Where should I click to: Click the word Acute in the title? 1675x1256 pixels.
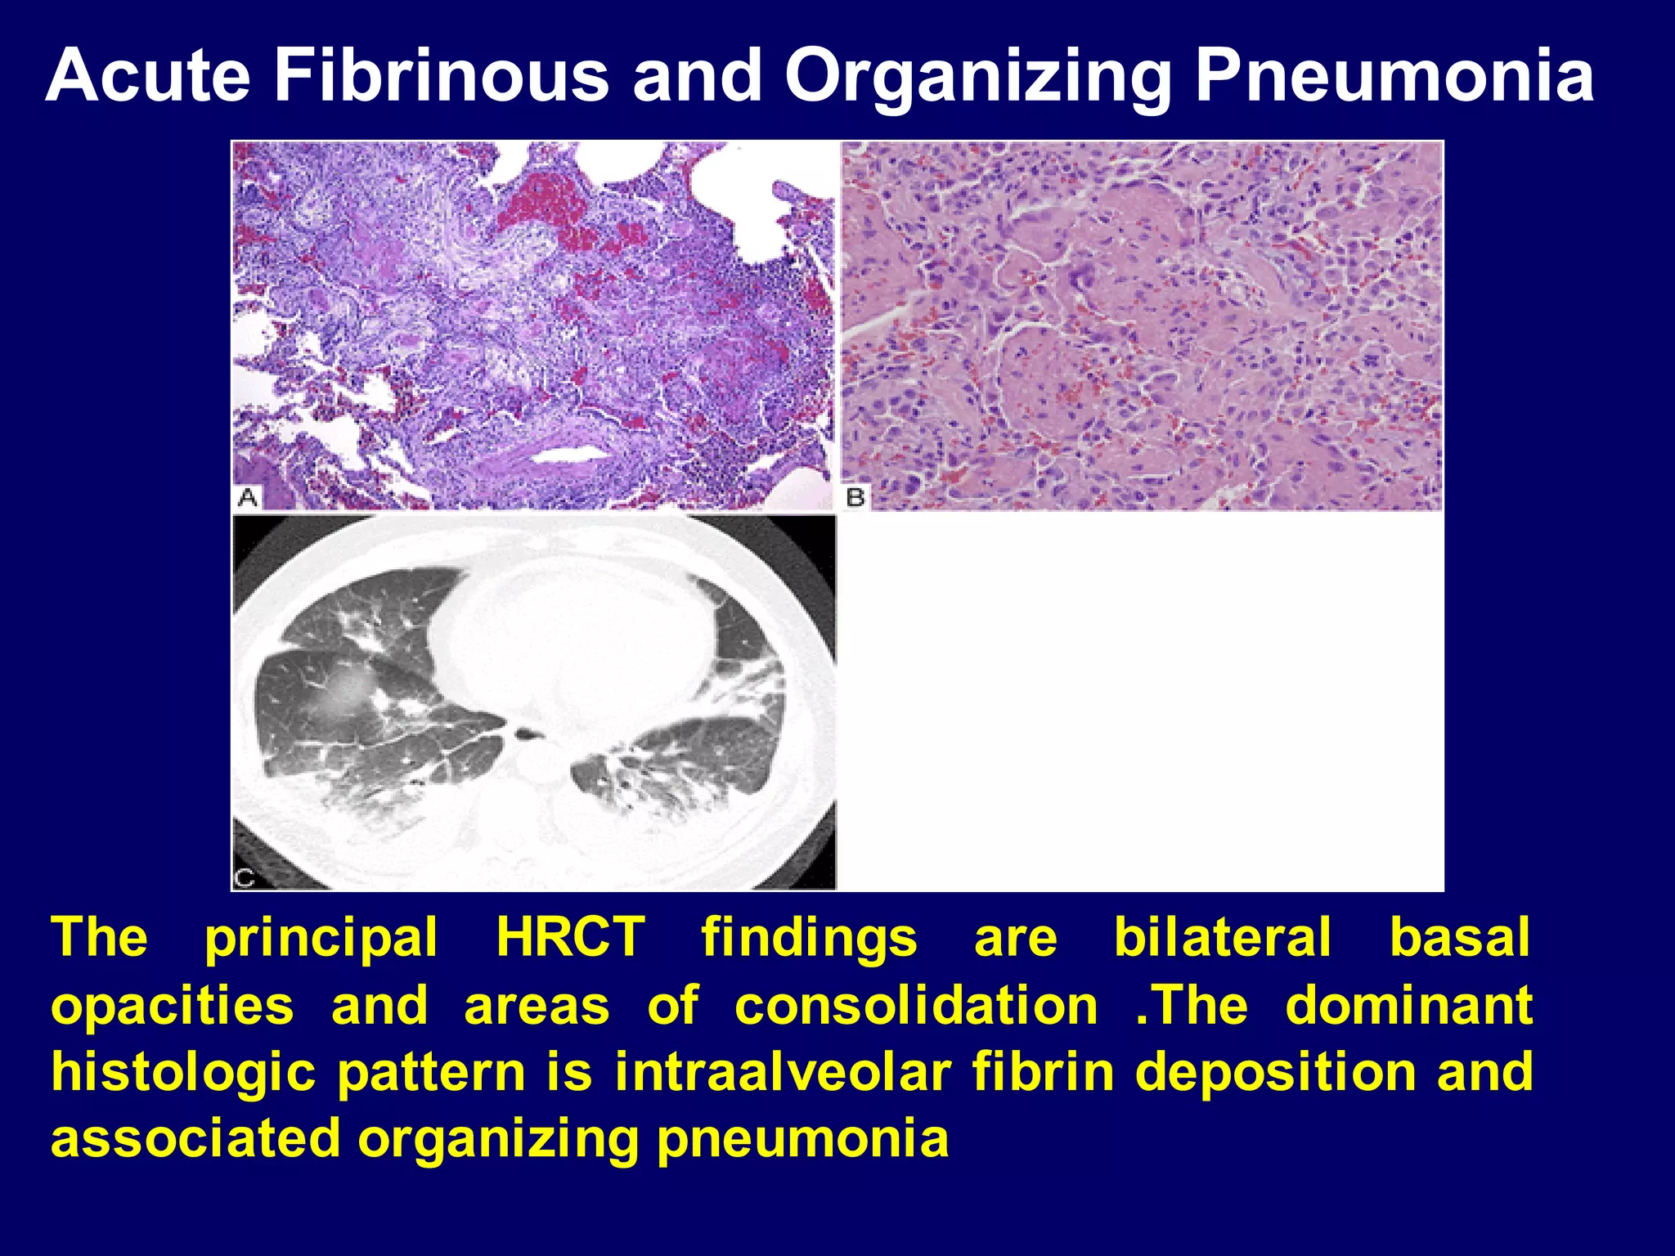point(147,75)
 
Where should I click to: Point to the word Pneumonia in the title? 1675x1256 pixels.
point(1394,75)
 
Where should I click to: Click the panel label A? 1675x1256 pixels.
point(248,496)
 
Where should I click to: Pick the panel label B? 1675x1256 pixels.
point(855,496)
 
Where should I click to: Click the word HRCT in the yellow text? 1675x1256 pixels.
point(571,937)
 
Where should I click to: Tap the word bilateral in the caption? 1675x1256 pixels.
point(1223,937)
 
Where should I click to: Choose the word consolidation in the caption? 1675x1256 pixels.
point(916,1005)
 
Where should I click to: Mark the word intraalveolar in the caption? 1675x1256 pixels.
point(783,1072)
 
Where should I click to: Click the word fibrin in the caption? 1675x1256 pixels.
point(1043,1072)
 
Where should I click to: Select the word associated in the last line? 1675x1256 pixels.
point(195,1138)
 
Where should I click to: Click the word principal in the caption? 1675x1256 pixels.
point(321,937)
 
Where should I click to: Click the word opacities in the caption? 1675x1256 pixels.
point(172,1005)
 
